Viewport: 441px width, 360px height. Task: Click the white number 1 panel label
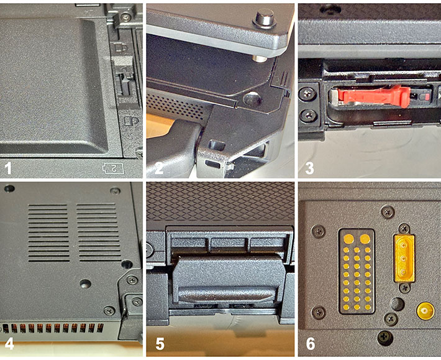click(x=8, y=168)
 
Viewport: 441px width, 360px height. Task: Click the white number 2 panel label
click(x=159, y=168)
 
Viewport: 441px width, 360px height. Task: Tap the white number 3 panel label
click(x=310, y=168)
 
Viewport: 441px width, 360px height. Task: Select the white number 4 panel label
click(x=9, y=344)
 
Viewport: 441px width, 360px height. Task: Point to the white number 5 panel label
click(x=160, y=344)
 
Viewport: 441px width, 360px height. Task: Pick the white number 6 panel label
click(x=311, y=344)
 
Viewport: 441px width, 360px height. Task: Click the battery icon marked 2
click(x=113, y=168)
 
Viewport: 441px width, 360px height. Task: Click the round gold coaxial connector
click(x=425, y=311)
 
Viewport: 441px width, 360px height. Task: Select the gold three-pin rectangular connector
click(x=404, y=258)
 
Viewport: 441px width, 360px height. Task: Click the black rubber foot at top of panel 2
click(x=265, y=19)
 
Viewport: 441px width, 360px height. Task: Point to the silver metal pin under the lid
click(x=259, y=58)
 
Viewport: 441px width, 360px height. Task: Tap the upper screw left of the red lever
click(x=307, y=93)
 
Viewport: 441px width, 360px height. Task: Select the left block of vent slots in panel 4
click(x=48, y=233)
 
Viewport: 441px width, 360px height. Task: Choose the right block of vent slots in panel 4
click(x=98, y=233)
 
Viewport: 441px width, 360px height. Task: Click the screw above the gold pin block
click(x=388, y=212)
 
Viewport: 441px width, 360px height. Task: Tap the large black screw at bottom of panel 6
click(x=385, y=337)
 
